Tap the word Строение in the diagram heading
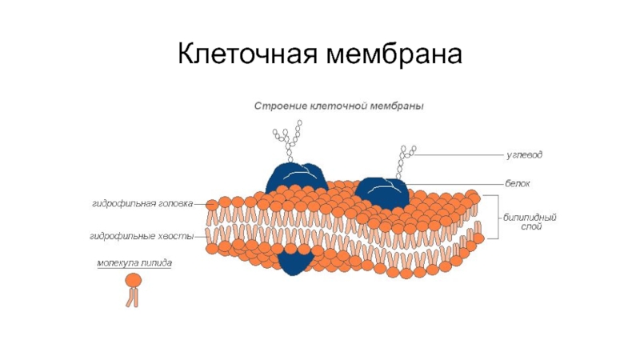tap(277, 106)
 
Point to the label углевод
tap(524, 153)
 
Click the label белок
tap(518, 184)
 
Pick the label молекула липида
tap(134, 262)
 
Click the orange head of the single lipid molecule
tap(133, 280)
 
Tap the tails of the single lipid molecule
tap(132, 298)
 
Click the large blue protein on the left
tap(294, 177)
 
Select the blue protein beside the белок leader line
tap(382, 192)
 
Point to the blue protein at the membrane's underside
tap(295, 261)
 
